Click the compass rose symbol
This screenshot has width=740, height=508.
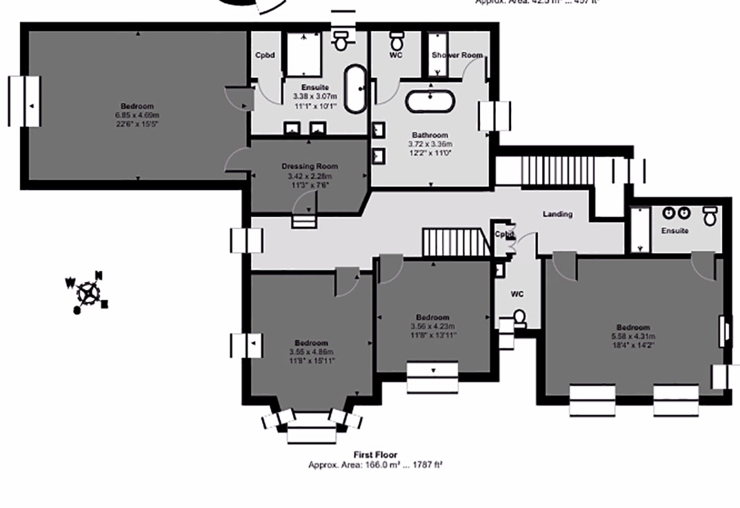pos(87,292)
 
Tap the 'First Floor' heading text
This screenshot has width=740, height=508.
pos(375,455)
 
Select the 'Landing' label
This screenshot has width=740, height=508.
pos(557,214)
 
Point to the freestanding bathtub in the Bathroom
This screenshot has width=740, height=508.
pos(429,101)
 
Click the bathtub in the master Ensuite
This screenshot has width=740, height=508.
pos(355,89)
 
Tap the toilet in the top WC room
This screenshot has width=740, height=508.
pos(397,41)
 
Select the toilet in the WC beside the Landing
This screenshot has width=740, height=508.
pos(519,317)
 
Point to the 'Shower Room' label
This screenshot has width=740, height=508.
pos(457,55)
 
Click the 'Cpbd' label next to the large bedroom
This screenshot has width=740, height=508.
pos(265,55)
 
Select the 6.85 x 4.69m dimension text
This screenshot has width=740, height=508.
pos(137,115)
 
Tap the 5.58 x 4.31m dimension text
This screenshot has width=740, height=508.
pos(633,337)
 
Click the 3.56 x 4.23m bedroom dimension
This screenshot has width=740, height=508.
pos(433,326)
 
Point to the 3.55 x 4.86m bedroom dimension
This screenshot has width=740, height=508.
pos(311,352)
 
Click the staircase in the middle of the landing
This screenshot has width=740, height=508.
pos(456,243)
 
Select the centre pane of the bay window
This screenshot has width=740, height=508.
pos(311,435)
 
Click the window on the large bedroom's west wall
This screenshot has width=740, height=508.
pos(25,101)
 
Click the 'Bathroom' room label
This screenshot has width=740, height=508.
pos(430,135)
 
